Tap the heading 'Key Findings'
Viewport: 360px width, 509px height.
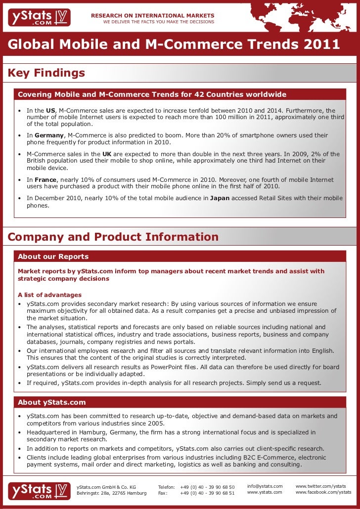pos(46,74)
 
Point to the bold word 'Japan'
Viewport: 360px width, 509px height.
pos(220,198)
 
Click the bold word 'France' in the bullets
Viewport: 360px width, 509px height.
pos(45,180)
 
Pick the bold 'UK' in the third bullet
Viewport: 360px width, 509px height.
pos(106,154)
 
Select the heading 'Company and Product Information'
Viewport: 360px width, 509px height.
pos(113,237)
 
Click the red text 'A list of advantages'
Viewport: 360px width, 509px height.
pos(49,295)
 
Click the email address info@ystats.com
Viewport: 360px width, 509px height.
pos(265,486)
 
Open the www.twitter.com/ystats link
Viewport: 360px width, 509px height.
pos(320,486)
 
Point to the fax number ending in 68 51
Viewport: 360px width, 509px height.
pos(207,493)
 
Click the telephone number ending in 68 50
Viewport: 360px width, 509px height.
pos(207,487)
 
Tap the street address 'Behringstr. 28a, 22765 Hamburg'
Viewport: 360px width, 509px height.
pos(112,493)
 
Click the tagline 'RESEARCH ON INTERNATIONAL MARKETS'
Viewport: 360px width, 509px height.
pos(153,16)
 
